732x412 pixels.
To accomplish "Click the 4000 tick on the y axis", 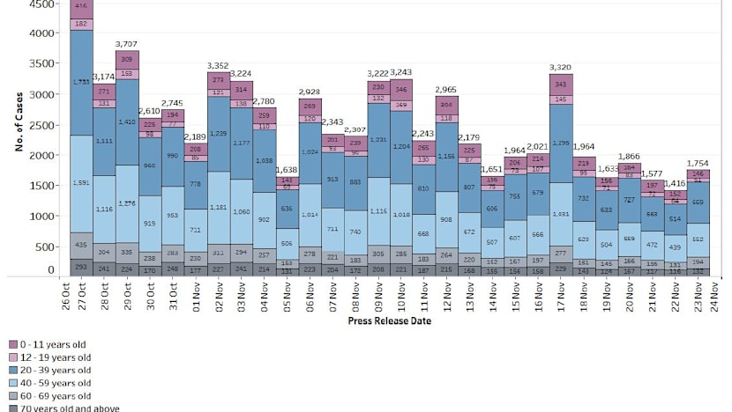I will tap(40, 33).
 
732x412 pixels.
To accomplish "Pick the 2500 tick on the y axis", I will tap(40, 125).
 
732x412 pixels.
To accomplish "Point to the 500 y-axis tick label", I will tap(44, 246).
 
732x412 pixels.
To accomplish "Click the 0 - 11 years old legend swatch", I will tap(14, 345).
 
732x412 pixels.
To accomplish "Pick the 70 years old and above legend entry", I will tap(70, 408).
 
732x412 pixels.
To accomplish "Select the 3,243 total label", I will tap(402, 72).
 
